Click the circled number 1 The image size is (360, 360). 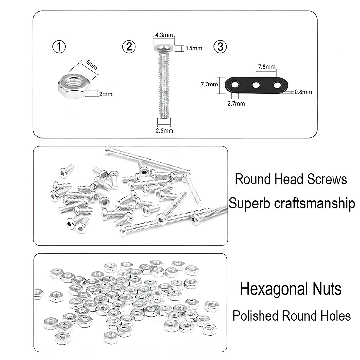(59, 46)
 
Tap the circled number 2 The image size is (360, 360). (129, 46)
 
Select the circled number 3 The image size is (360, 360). (220, 46)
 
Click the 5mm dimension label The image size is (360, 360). (92, 65)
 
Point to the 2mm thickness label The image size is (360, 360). (106, 94)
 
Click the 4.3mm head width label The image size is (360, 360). (164, 35)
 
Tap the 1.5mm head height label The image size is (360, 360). (194, 48)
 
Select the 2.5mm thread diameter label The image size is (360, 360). (164, 130)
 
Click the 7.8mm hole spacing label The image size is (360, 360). (266, 66)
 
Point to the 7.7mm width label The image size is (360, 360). (209, 84)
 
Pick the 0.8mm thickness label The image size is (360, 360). (303, 92)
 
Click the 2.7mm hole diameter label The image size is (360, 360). (236, 103)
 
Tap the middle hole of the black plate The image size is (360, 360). (256, 85)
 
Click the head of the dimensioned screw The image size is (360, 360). (164, 48)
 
